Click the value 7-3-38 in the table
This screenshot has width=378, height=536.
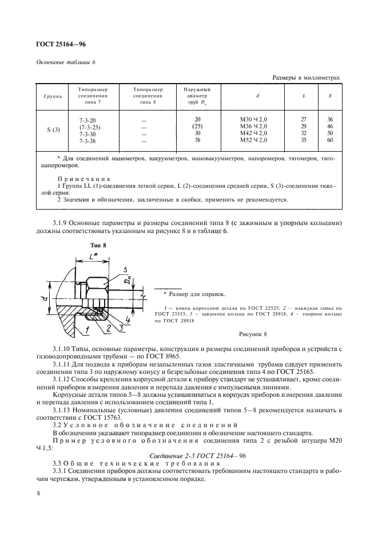coord(88,140)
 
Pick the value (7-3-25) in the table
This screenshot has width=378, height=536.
coord(89,126)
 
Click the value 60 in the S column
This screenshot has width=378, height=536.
coord(330,140)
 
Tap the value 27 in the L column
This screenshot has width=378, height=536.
coord(304,119)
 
